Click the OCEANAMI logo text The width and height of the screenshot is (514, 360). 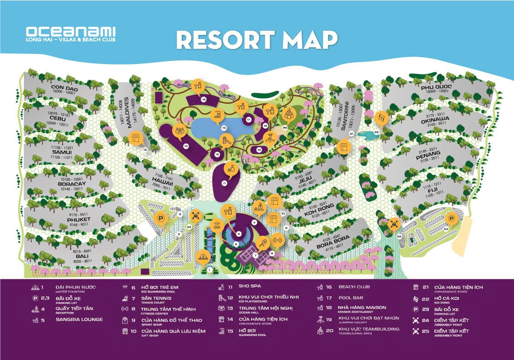[x=71, y=32]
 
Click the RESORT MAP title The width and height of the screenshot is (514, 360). [x=257, y=40]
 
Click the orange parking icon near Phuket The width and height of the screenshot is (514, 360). [x=160, y=219]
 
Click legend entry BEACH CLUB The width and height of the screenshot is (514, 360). [x=354, y=287]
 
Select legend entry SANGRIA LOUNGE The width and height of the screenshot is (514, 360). [x=79, y=320]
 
